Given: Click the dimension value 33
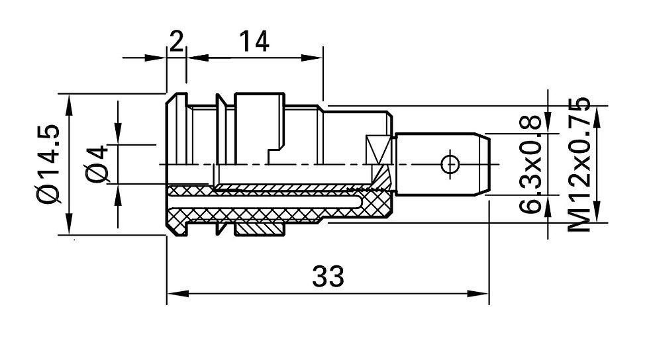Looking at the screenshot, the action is point(328,277).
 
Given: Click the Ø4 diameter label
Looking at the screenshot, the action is point(97,163).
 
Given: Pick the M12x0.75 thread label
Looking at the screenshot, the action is point(578,164).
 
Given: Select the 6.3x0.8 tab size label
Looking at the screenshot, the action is point(530,164).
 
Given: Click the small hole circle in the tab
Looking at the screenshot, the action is point(450,164).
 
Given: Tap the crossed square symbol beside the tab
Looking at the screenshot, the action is point(378,149).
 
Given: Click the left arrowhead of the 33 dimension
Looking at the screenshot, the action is point(178,294).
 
